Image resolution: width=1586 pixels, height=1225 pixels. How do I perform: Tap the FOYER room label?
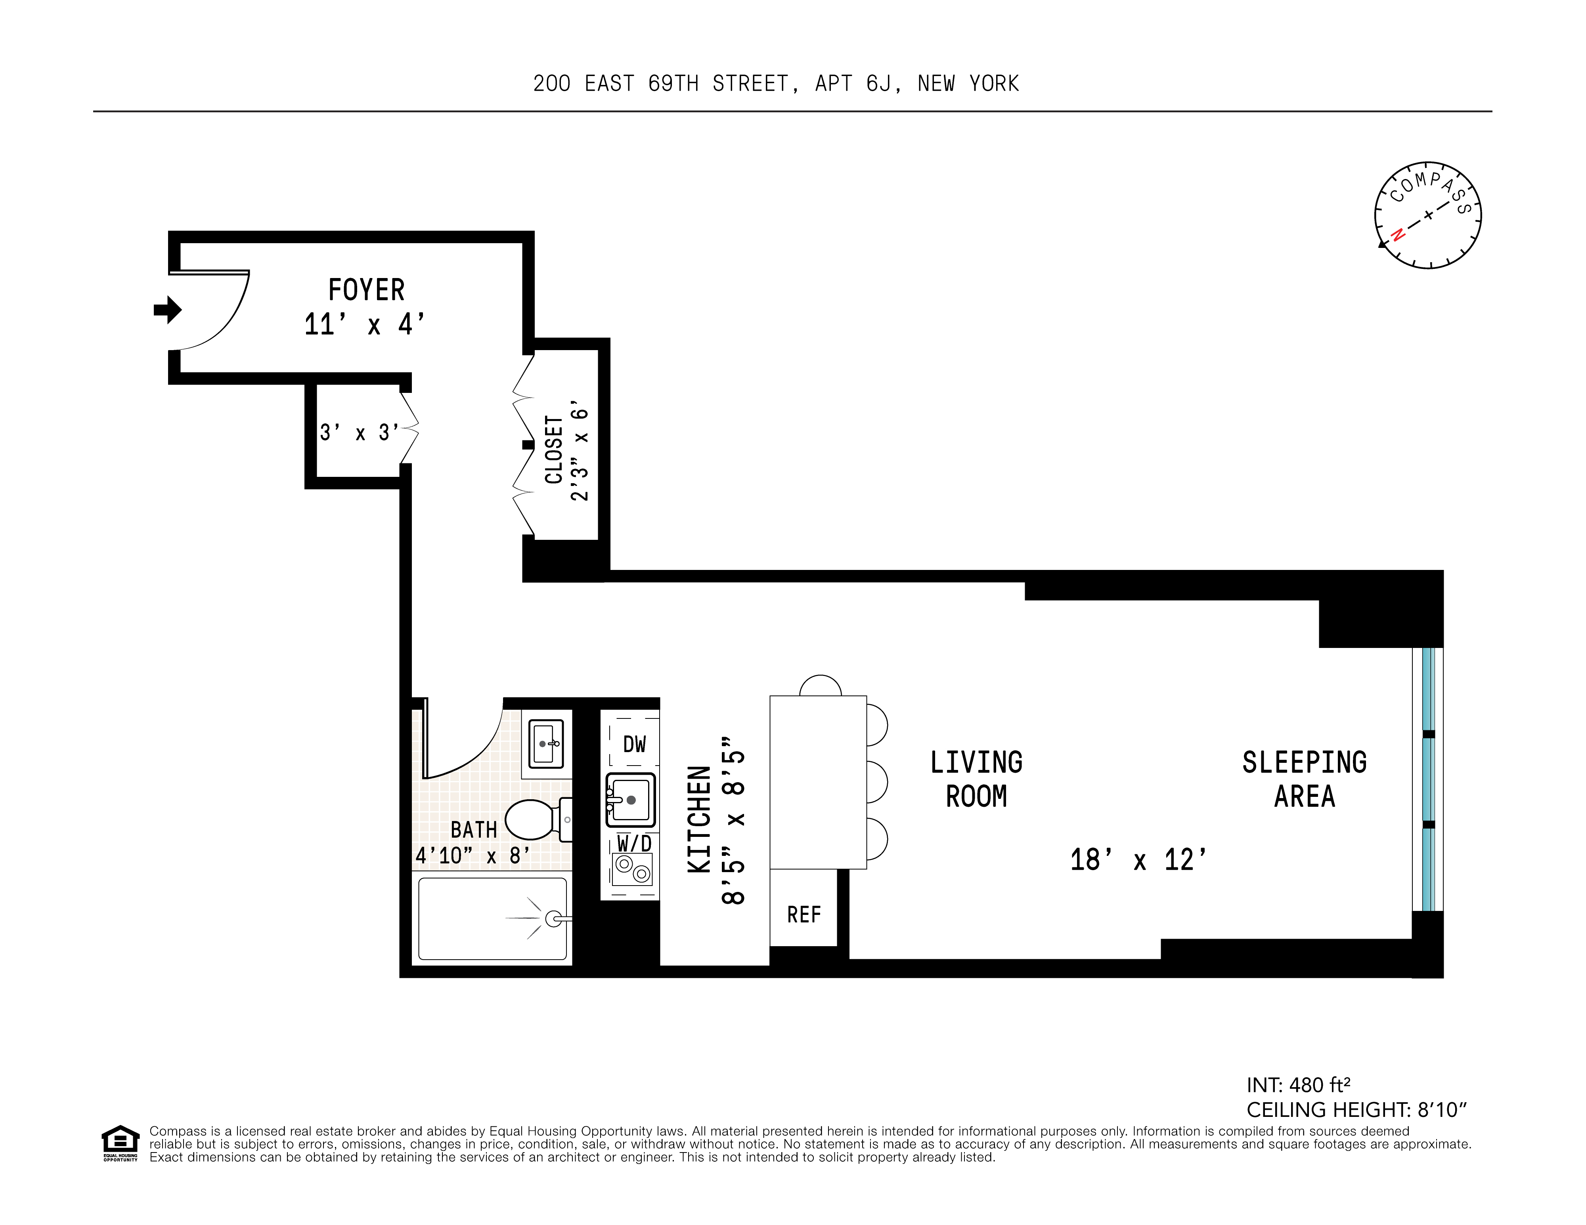pyautogui.click(x=366, y=290)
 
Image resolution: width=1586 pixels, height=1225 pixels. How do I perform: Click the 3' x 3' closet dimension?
pyautogui.click(x=359, y=432)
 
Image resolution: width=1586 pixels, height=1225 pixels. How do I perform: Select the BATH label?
pyautogui.click(x=473, y=829)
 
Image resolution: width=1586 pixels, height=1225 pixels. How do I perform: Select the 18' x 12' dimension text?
pyautogui.click(x=1138, y=860)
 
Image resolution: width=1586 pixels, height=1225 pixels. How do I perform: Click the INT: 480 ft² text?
pyautogui.click(x=1299, y=1085)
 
